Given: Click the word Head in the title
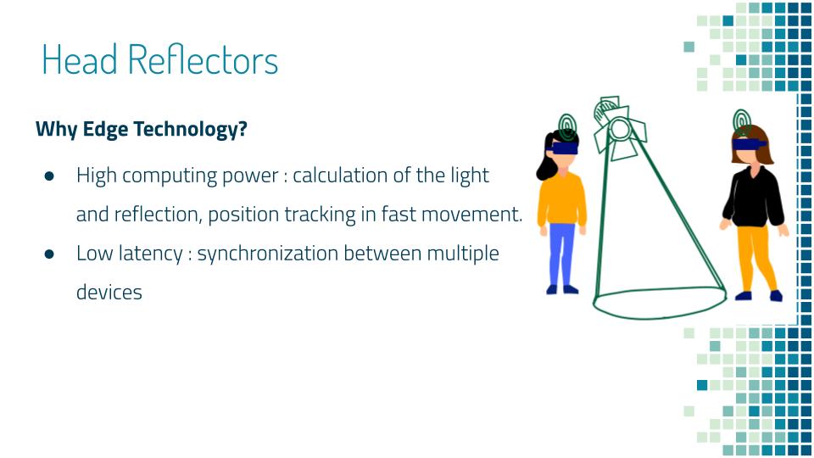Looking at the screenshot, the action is pos(80,59).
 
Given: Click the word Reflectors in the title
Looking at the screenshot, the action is pos(203,59).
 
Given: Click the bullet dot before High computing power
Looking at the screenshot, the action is pos(49,176).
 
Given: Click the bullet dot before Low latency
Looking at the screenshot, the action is pos(49,254).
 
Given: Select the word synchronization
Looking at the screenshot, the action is pos(268,254).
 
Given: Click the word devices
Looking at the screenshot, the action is pos(109,293).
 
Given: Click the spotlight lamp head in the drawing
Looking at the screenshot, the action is pos(619,128).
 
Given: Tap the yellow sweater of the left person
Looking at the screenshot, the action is pos(561,200).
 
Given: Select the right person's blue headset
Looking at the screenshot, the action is pos(749,144).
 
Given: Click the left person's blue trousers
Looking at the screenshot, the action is pos(561,254).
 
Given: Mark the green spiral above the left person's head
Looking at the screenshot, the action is pos(567,127).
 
